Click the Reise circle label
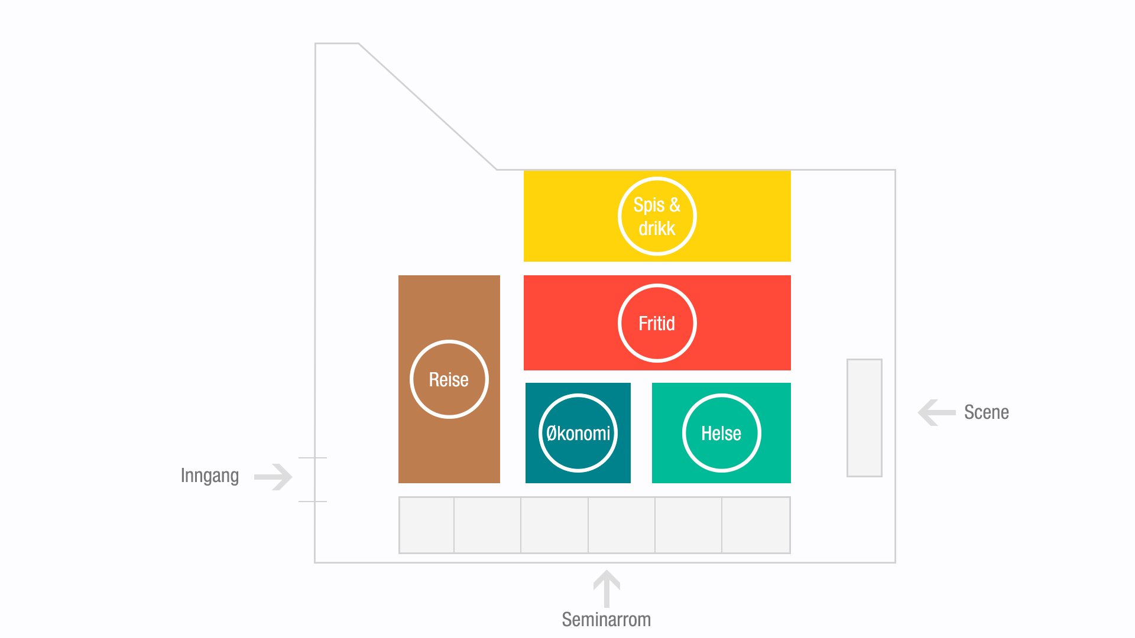point(449,379)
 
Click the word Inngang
point(210,476)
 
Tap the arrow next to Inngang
point(273,477)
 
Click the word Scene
point(986,412)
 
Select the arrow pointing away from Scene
point(936,412)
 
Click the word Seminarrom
point(606,619)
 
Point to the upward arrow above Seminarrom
point(607,588)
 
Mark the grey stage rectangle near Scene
point(864,418)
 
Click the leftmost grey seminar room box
point(426,525)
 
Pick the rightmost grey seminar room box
point(756,525)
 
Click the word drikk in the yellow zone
point(657,228)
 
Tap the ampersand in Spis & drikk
point(674,204)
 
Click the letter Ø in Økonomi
point(552,433)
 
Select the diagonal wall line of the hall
point(427,106)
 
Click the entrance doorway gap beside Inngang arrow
point(314,479)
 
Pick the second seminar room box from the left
point(487,525)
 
